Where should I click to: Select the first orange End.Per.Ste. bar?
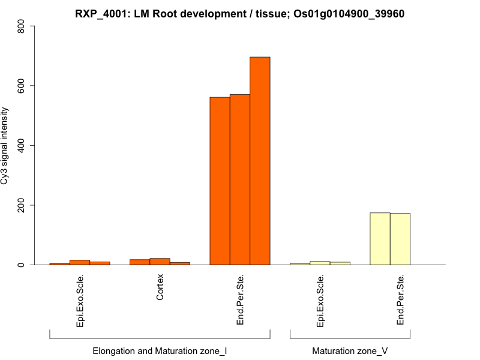point(220,181)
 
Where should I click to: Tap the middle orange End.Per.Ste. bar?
point(240,179)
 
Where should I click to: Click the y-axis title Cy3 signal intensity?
point(6,146)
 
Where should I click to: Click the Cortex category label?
point(160,288)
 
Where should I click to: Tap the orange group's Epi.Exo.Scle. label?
point(80,301)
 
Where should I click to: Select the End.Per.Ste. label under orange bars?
point(240,299)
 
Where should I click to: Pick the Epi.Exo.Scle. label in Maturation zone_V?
point(320,301)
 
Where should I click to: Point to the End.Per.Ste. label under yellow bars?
point(401,299)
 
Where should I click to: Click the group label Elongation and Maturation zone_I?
point(160,350)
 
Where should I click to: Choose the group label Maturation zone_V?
point(350,350)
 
